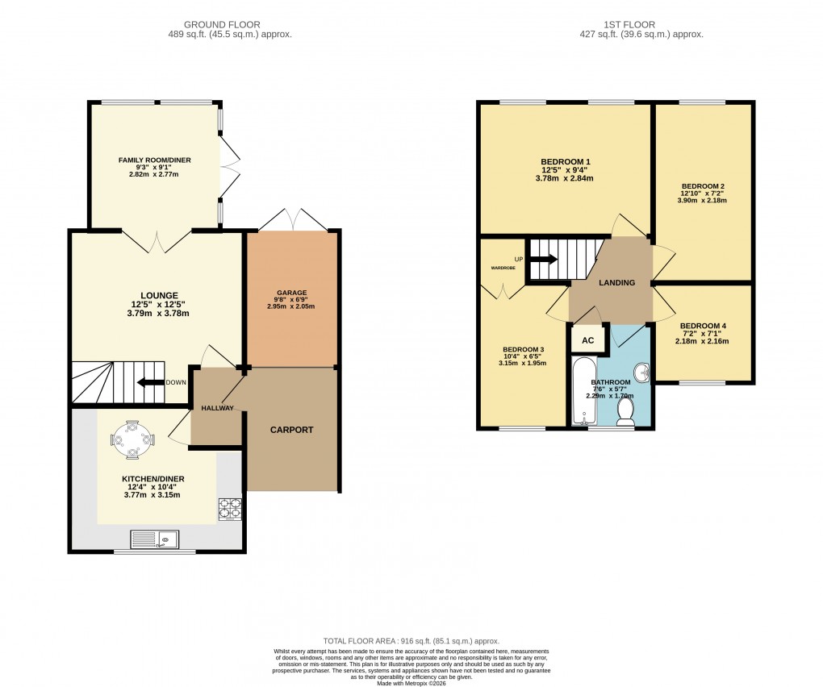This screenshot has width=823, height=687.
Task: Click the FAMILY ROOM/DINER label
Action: pyautogui.click(x=155, y=160)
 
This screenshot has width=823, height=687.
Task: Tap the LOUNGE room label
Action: pyautogui.click(x=158, y=295)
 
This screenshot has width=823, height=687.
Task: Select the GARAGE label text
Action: pyautogui.click(x=291, y=293)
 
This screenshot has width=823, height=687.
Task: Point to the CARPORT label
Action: pyautogui.click(x=291, y=430)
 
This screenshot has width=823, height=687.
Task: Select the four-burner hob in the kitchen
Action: pyautogui.click(x=229, y=510)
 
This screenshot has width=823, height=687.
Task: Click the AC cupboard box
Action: pyautogui.click(x=588, y=340)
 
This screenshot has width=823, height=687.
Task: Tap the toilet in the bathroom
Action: pyautogui.click(x=625, y=411)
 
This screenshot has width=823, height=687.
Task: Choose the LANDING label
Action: pyautogui.click(x=616, y=283)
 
